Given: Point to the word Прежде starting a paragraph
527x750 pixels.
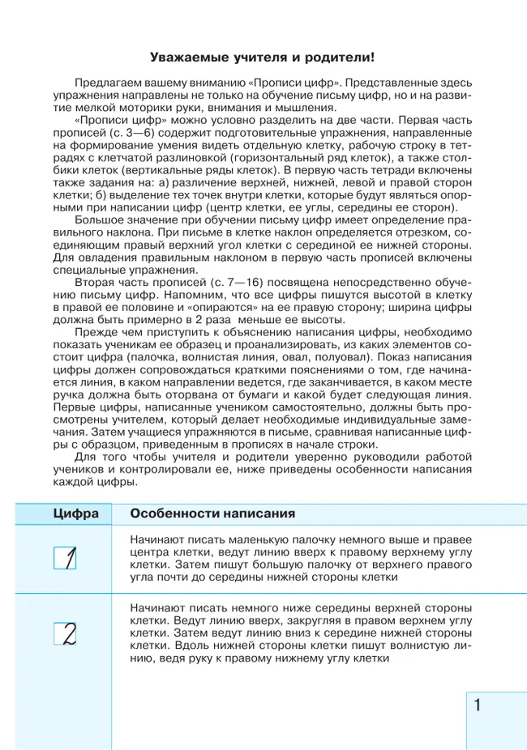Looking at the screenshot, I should (95, 332).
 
